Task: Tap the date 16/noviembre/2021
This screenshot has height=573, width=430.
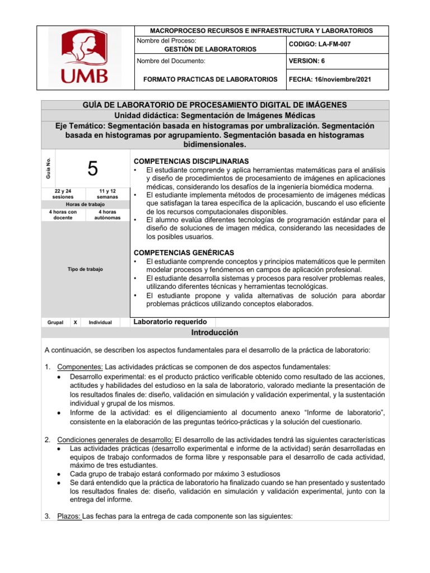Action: [329, 79]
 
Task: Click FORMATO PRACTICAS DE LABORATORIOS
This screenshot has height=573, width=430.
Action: [210, 79]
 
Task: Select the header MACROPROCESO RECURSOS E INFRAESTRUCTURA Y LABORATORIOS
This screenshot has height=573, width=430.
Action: [258, 30]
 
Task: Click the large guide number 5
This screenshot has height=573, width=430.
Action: [92, 168]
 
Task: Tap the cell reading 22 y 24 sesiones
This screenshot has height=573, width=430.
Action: [62, 194]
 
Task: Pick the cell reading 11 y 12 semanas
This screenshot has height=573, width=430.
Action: [107, 194]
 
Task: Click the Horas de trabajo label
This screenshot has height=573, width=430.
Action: [85, 204]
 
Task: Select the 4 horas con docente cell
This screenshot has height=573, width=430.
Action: [62, 215]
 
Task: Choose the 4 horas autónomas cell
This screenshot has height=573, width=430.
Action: [107, 215]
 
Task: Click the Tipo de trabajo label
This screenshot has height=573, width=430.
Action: [85, 270]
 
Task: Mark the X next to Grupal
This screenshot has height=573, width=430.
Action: [76, 322]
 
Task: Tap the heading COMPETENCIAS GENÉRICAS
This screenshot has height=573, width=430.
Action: [184, 253]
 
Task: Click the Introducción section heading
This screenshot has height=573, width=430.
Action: [215, 332]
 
